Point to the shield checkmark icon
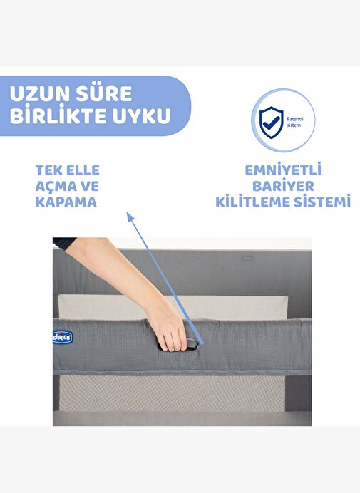click(271, 123)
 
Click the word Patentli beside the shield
click(295, 119)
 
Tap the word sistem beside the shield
click(294, 125)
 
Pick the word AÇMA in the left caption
click(55, 186)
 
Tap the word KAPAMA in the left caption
click(66, 202)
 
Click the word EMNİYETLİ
click(283, 170)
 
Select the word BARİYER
click(283, 185)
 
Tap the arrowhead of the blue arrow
click(130, 217)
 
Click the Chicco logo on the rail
click(63, 338)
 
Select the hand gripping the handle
click(170, 332)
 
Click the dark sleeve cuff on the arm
click(64, 243)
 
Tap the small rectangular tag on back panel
click(247, 259)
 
